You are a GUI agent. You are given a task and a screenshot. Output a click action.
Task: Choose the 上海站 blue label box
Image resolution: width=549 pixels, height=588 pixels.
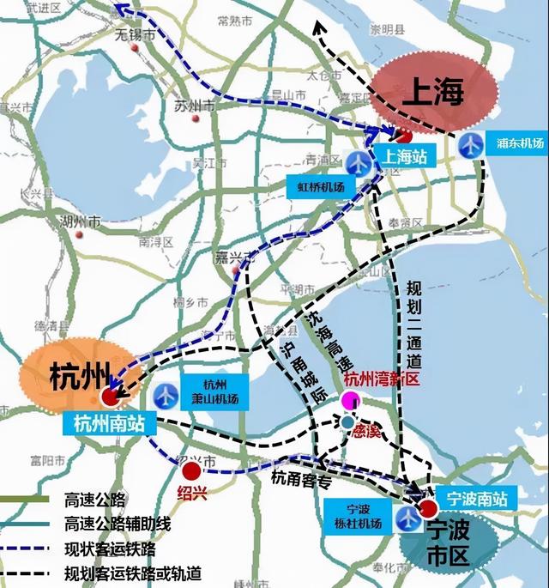tap(402, 157)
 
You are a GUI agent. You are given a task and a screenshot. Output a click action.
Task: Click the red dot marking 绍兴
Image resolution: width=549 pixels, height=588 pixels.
tap(191, 470)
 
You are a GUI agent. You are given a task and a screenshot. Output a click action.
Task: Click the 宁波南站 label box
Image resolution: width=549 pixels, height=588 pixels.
tap(476, 497)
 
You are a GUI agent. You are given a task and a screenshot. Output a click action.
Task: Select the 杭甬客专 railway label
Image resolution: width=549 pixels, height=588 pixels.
tap(300, 480)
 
